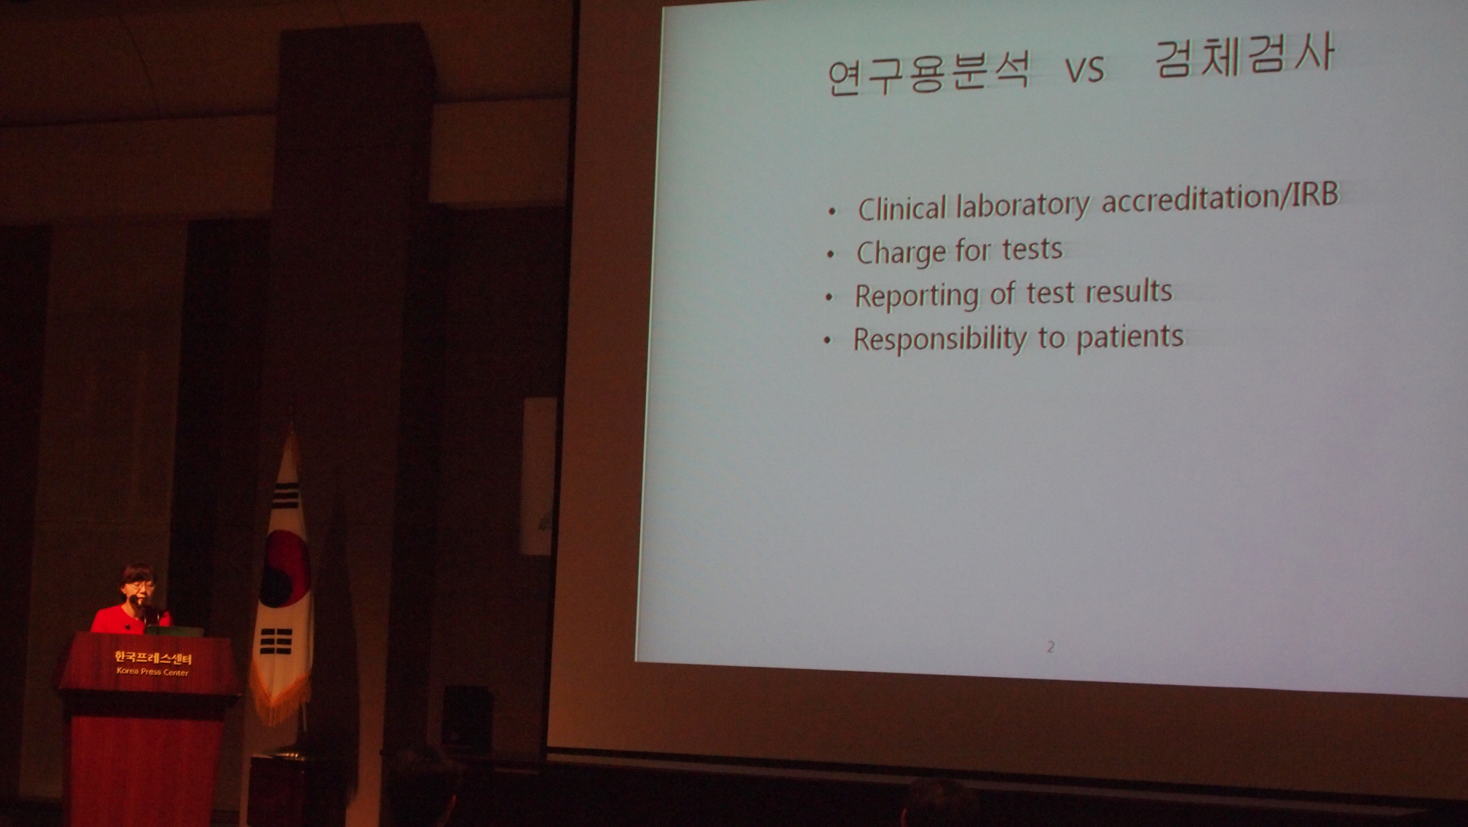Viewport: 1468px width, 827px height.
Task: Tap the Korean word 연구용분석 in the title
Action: click(929, 74)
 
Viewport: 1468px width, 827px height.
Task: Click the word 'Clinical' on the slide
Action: click(901, 208)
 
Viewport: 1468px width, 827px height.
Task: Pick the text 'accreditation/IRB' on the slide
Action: click(1220, 197)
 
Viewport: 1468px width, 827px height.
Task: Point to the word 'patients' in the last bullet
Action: click(1130, 336)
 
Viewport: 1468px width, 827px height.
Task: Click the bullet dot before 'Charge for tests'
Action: click(831, 255)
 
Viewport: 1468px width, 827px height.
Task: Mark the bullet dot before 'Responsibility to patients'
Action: click(827, 341)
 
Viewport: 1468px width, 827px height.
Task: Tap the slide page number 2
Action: click(1051, 646)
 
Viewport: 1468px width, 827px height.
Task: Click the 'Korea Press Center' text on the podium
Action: click(152, 672)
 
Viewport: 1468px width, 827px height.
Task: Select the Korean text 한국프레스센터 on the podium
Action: click(153, 658)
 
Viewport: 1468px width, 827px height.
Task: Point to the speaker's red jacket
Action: click(131, 618)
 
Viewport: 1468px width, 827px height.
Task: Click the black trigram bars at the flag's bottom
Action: click(276, 642)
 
